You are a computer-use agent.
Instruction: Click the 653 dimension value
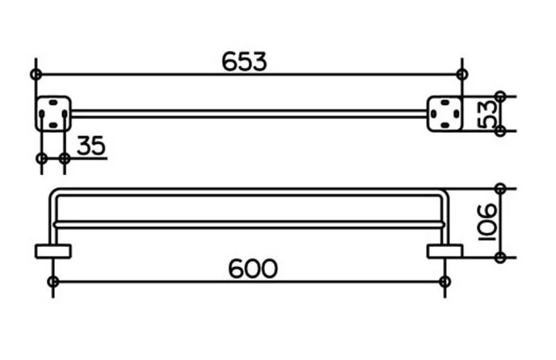click(244, 61)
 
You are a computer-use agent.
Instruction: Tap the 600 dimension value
click(252, 268)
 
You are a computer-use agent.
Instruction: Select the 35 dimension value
click(91, 145)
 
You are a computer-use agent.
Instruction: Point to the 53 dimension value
click(487, 114)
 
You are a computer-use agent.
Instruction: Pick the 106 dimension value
click(487, 223)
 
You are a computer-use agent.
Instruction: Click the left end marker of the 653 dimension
click(36, 75)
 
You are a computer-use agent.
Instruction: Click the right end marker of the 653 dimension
click(462, 75)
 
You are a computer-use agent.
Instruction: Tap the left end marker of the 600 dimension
click(53, 281)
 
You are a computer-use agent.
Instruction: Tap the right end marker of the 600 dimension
click(444, 281)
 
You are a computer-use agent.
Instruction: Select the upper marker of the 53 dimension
click(501, 96)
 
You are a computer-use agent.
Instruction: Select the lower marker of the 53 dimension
click(501, 131)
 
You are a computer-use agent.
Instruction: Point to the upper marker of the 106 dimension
click(501, 189)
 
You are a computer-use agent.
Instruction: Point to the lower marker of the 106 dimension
click(501, 258)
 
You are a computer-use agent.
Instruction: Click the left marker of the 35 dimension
click(42, 158)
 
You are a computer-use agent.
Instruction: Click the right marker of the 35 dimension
click(65, 158)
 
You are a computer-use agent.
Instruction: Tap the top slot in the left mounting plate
click(53, 102)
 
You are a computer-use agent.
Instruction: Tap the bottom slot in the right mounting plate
click(444, 126)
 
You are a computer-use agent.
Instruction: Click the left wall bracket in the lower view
click(53, 252)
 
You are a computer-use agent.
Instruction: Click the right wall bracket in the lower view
click(444, 252)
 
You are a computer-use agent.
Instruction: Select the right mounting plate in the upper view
click(444, 114)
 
